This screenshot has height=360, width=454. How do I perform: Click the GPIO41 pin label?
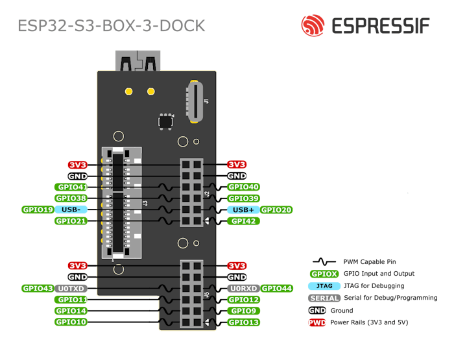point(71,187)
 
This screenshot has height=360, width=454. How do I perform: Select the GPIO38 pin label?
point(71,198)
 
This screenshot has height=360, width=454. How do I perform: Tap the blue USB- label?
point(71,210)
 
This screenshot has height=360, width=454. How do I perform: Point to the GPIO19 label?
point(38,210)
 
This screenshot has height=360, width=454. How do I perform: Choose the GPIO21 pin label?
point(71,221)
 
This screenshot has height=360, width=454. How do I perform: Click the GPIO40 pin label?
point(243,187)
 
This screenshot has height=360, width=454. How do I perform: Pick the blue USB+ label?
point(243,210)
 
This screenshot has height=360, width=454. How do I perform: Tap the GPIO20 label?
point(276,210)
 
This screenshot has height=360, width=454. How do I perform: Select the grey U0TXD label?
point(71,289)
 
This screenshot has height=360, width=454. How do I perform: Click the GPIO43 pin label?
point(38,289)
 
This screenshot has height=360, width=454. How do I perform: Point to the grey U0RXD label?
point(243,289)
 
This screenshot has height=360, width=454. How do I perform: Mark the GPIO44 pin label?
point(278,289)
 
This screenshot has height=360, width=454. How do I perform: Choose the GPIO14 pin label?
point(71,311)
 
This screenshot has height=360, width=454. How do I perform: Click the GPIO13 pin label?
point(244,322)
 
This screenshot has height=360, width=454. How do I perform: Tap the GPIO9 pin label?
point(243,311)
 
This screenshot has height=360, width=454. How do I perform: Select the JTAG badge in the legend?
point(324,286)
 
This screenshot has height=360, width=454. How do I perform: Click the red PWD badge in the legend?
point(317,322)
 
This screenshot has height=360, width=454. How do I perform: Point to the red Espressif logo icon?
point(312,25)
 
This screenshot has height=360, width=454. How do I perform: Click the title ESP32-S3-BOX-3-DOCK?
point(112,26)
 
